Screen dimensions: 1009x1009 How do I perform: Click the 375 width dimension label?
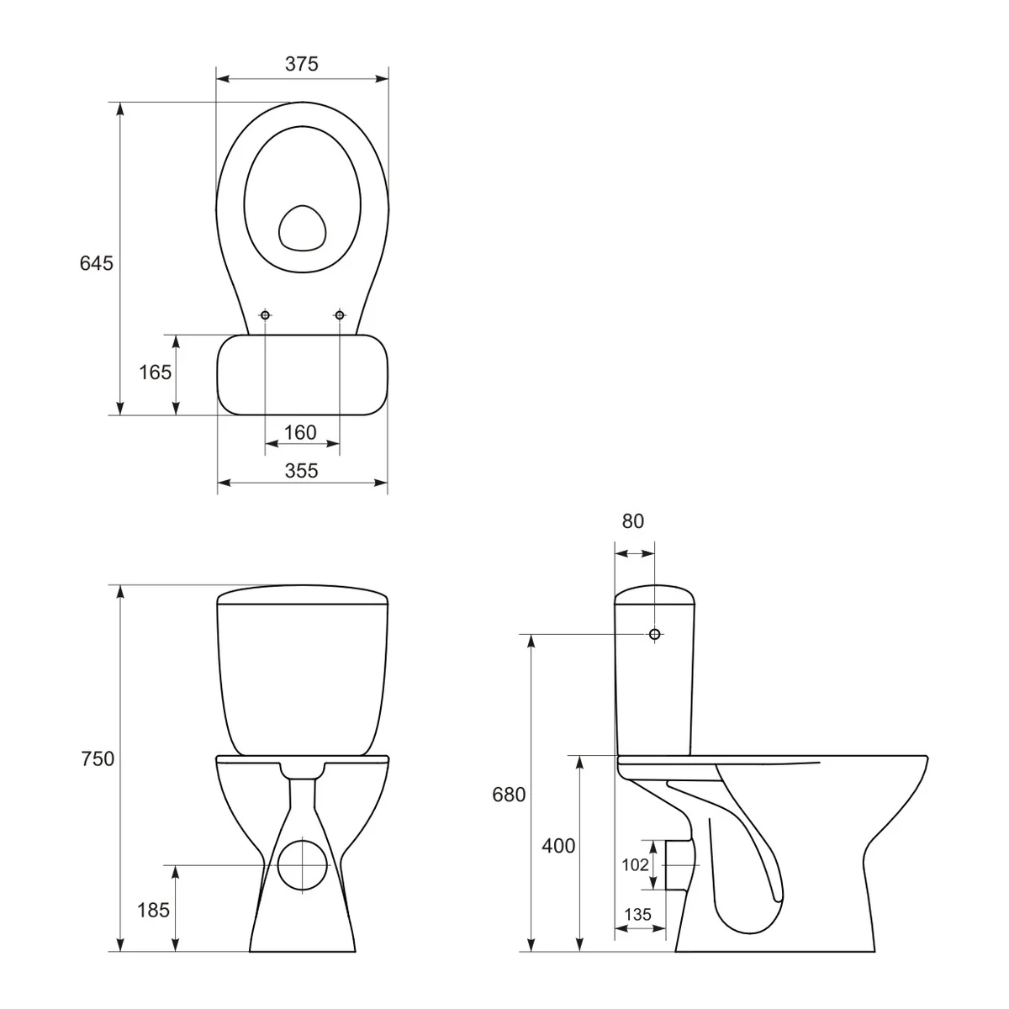pyautogui.click(x=301, y=64)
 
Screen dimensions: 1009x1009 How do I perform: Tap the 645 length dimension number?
pyautogui.click(x=96, y=263)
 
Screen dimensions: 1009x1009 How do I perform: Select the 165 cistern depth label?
pyautogui.click(x=155, y=372)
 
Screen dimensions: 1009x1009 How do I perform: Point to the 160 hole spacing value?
pyautogui.click(x=300, y=432)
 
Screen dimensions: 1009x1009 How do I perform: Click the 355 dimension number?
pyautogui.click(x=301, y=471)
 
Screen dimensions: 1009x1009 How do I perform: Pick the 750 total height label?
pyautogui.click(x=97, y=759)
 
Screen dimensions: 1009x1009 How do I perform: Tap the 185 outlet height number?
pyautogui.click(x=155, y=909)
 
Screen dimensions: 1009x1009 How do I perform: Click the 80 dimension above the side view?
pyautogui.click(x=632, y=521)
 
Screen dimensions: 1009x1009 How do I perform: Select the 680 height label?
pyautogui.click(x=509, y=795)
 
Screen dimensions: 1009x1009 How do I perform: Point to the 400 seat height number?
pyautogui.click(x=558, y=847)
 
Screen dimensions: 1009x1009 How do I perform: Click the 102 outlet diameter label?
pyautogui.click(x=635, y=864)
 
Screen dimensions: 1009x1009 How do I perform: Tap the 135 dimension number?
pyautogui.click(x=637, y=915)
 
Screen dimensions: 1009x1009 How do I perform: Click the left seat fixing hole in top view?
pyautogui.click(x=265, y=315)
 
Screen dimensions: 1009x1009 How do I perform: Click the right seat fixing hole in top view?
pyautogui.click(x=340, y=315)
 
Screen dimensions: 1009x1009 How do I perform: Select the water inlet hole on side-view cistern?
pyautogui.click(x=655, y=634)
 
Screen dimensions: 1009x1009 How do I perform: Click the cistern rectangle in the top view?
pyautogui.click(x=302, y=375)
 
